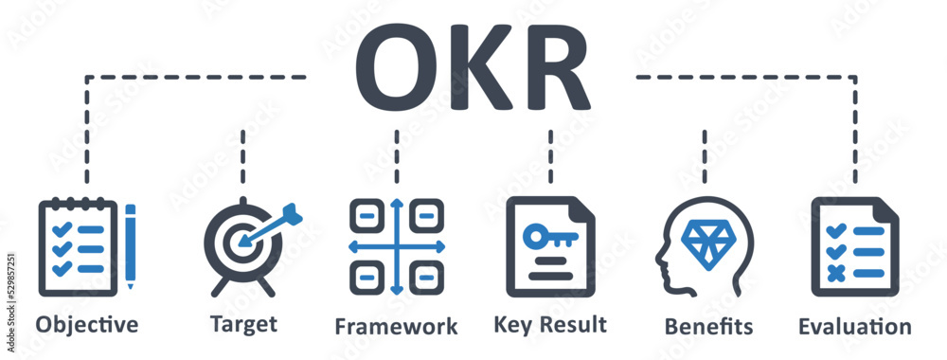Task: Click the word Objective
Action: (x=87, y=325)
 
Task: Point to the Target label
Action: (x=243, y=325)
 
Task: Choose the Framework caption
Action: (x=396, y=327)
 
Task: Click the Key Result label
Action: (x=550, y=325)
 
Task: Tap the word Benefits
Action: (x=709, y=327)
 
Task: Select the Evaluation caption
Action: (x=855, y=327)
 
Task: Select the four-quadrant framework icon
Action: (x=396, y=246)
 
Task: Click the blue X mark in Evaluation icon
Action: (x=834, y=272)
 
